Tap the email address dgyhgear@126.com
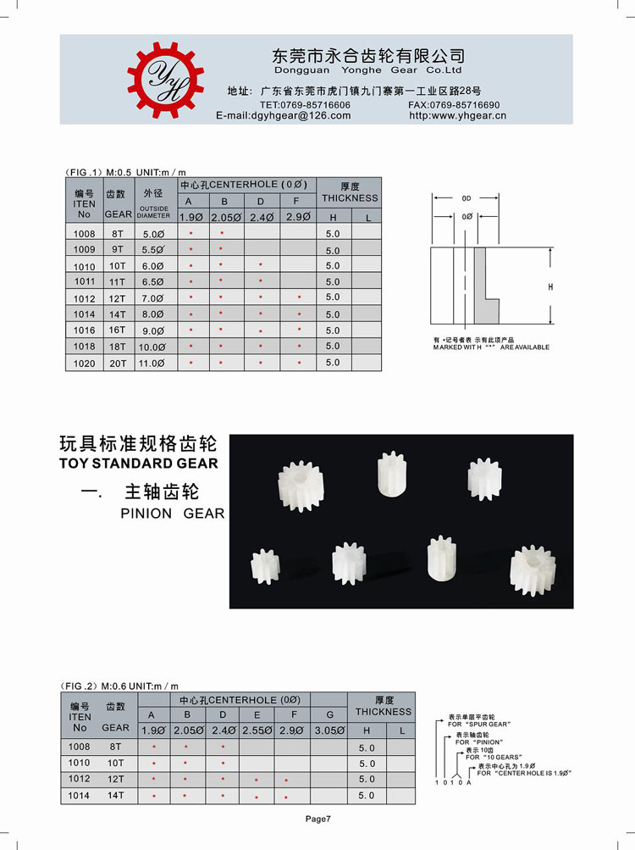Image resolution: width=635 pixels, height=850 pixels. [x=284, y=116]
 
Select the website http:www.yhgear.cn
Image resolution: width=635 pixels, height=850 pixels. [x=457, y=116]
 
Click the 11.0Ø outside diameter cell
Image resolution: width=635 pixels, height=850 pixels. [x=152, y=363]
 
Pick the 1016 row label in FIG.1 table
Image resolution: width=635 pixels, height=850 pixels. [x=85, y=331]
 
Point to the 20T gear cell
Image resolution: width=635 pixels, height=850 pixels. [x=116, y=363]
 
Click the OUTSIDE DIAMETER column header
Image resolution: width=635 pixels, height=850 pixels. [x=153, y=212]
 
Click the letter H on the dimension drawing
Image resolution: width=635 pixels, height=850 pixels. [x=550, y=288]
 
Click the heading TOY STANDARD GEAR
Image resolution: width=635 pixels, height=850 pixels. [x=139, y=464]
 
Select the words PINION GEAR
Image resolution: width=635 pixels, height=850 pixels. [x=173, y=514]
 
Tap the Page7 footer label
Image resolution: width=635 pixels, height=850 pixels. [x=318, y=819]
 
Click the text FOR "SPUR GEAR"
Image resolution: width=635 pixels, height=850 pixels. [x=479, y=725]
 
